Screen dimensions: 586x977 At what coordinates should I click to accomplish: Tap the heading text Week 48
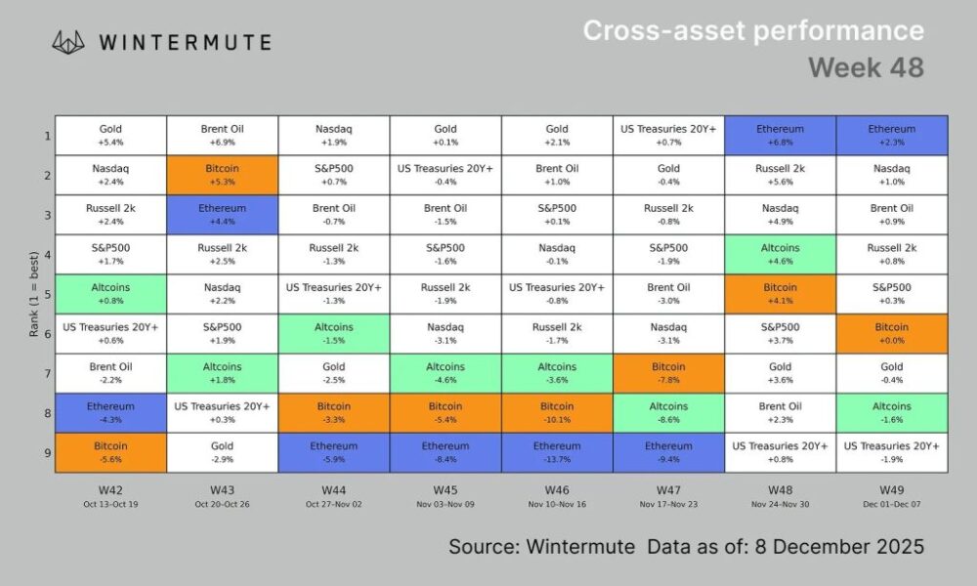click(866, 67)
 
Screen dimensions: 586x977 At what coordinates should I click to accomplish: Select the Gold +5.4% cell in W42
click(110, 135)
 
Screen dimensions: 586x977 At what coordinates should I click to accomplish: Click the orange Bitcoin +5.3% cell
click(222, 174)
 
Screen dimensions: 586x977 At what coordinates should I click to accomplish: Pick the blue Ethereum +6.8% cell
click(780, 135)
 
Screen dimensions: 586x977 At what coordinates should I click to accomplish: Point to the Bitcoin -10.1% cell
click(557, 412)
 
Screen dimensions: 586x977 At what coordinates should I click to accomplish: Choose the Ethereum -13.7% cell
click(557, 452)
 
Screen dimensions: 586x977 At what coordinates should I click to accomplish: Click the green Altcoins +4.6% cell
click(780, 254)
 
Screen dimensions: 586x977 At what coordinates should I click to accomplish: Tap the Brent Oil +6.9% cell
click(222, 135)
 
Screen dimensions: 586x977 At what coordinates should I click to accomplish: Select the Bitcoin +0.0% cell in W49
click(891, 333)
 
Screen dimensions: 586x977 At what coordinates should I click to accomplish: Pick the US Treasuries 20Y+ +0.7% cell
click(668, 135)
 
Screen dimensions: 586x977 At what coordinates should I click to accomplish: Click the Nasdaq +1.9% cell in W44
click(334, 135)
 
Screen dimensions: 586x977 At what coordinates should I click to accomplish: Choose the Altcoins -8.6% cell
click(668, 412)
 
